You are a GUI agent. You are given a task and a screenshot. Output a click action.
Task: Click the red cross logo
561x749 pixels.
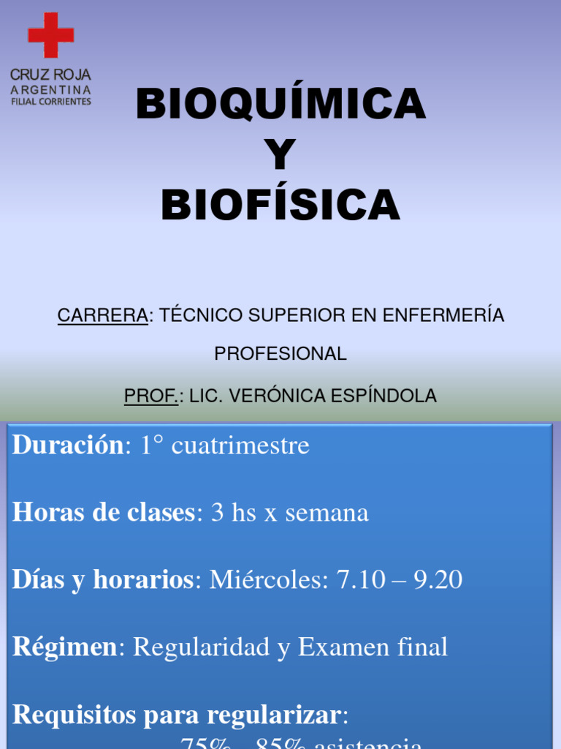[50, 35]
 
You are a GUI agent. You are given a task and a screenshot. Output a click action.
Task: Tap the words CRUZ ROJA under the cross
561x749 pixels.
[50, 75]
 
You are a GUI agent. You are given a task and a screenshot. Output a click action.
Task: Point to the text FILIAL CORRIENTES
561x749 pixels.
[51, 102]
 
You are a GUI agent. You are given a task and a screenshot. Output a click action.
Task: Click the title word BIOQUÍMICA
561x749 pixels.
[280, 105]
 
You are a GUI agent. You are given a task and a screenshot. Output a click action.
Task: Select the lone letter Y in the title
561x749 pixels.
[280, 155]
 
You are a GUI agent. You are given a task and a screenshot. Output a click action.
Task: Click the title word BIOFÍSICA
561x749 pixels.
[280, 206]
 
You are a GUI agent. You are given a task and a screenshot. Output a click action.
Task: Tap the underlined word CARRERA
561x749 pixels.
[103, 315]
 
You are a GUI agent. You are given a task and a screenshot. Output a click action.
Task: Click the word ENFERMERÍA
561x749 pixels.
[444, 315]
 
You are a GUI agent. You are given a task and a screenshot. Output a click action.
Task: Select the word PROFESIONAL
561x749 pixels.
[280, 354]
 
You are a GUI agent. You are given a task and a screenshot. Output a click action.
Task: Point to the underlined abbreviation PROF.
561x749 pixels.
[150, 396]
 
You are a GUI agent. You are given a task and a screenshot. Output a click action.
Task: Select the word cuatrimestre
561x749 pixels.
[240, 445]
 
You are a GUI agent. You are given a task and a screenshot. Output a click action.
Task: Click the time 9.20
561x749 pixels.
[438, 580]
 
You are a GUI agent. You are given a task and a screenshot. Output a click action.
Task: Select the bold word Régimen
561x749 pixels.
[64, 647]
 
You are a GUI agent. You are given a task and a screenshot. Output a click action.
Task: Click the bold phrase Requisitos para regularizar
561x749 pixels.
[176, 715]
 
